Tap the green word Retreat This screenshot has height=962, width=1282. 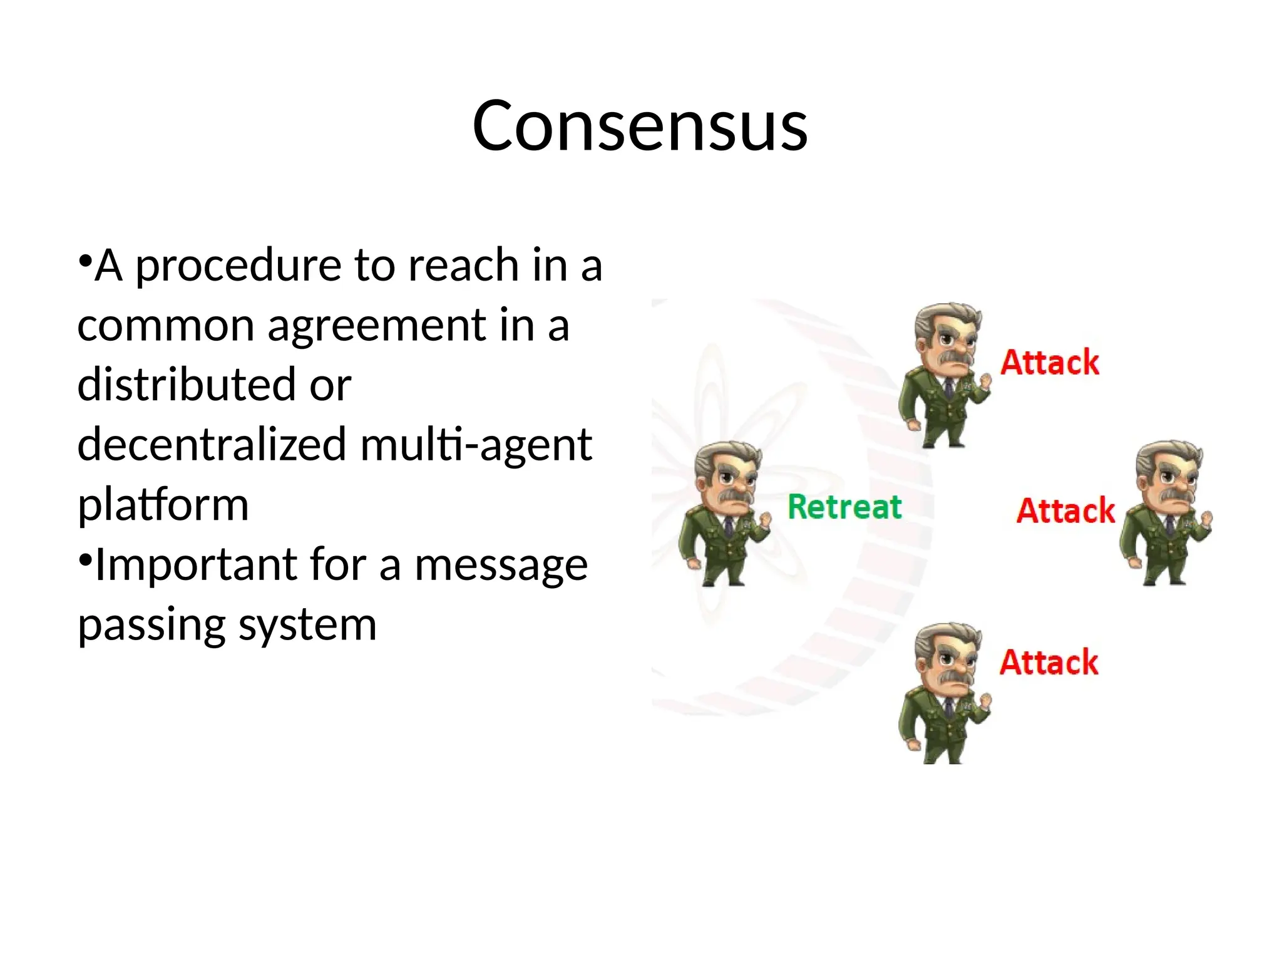[x=844, y=507]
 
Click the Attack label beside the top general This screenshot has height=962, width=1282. [x=1050, y=363]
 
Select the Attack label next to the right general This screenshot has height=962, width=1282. [x=1065, y=510]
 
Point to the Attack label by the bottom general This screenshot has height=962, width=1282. [x=1049, y=663]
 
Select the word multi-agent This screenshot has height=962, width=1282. [x=476, y=444]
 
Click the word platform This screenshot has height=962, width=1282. [x=163, y=505]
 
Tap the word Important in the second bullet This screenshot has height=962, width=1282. [x=196, y=565]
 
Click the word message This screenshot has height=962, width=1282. [x=501, y=565]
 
